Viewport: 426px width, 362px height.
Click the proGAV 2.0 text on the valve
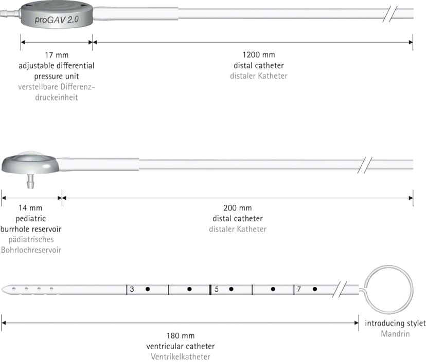57,19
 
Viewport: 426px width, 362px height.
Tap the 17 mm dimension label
57,55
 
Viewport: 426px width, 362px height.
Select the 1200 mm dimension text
259,55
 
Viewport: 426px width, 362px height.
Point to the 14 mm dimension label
30,208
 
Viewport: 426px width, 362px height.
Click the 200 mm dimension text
238,208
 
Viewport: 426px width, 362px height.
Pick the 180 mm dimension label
181,336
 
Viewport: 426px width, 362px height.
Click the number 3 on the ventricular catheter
132,289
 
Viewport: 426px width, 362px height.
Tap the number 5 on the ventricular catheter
217,289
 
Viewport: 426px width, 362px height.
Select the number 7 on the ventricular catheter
299,289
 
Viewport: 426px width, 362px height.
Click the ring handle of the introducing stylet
388,266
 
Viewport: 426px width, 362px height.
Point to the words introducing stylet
395,323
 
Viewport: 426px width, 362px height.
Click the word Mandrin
395,334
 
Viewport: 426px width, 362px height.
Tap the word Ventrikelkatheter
181,357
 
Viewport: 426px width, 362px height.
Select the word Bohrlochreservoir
31,250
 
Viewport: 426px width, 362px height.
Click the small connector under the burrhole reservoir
30,181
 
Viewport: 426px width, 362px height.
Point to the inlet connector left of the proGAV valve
10,13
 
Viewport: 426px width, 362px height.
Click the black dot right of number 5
231,289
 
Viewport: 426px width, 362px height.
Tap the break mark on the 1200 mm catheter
390,14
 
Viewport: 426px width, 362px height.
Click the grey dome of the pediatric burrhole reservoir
30,162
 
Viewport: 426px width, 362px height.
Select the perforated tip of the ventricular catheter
30,290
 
